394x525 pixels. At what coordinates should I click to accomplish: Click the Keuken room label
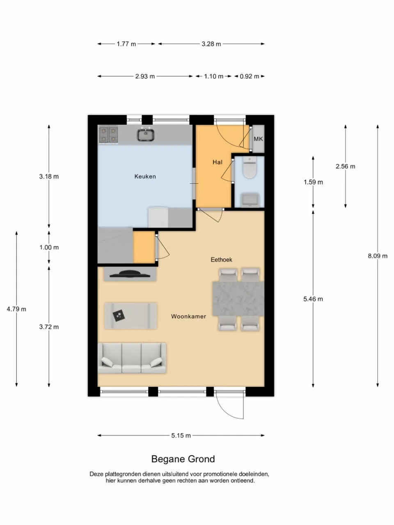pos(145,176)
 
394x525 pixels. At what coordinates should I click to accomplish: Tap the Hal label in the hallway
pos(218,162)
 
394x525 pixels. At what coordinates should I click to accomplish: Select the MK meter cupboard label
pos(258,139)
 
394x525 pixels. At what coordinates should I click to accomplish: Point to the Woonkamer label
pos(188,316)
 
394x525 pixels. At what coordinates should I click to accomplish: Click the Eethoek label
pos(221,260)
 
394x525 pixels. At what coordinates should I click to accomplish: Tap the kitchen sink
pos(145,135)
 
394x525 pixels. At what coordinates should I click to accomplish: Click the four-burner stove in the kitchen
pos(109,135)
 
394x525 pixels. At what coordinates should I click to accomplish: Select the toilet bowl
pos(250,167)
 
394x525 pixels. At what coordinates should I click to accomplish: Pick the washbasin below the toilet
pos(250,200)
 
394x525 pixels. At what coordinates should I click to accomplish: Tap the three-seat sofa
pos(132,358)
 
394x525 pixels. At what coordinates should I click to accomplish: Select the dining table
pos(238,299)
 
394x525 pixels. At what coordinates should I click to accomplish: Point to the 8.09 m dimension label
pos(378,256)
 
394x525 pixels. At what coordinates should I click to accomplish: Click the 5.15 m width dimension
pos(181,436)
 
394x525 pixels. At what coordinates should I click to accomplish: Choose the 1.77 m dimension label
pos(126,44)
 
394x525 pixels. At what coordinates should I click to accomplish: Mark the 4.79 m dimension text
pos(16,309)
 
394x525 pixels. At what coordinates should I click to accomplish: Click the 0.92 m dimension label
pos(250,76)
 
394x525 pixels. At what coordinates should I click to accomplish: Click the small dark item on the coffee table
pos(119,316)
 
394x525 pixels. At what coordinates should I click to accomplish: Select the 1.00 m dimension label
pos(49,247)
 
